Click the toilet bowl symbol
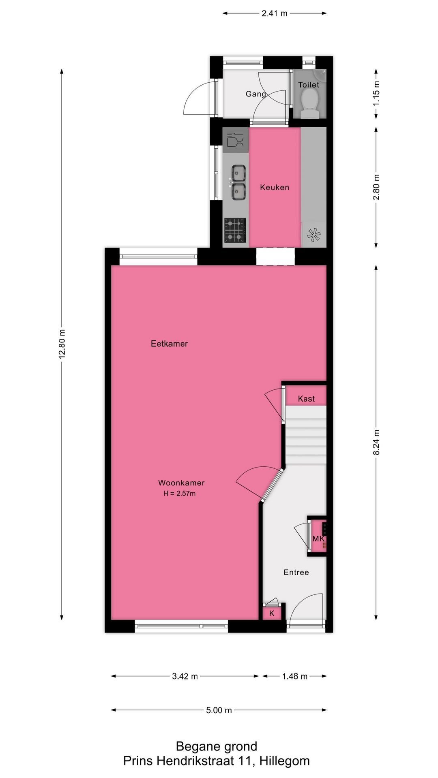pos(310,101)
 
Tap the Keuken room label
pos(275,187)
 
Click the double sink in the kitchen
pos(238,182)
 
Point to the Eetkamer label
pos(169,344)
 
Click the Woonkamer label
pos(181,483)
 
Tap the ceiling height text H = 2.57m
pos(179,494)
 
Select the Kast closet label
pos(306,399)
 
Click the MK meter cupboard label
pos(318,539)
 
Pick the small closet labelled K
pos(272,613)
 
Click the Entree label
pos(296,572)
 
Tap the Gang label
pos(256,94)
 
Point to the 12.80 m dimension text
pos(62,344)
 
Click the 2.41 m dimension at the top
pos(274,13)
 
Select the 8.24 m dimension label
pos(376,442)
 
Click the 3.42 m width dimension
pos(185,676)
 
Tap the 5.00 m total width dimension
pos(219,710)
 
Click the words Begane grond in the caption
pos(217,746)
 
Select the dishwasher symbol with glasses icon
pos(235,140)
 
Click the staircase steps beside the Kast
pos(306,436)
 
